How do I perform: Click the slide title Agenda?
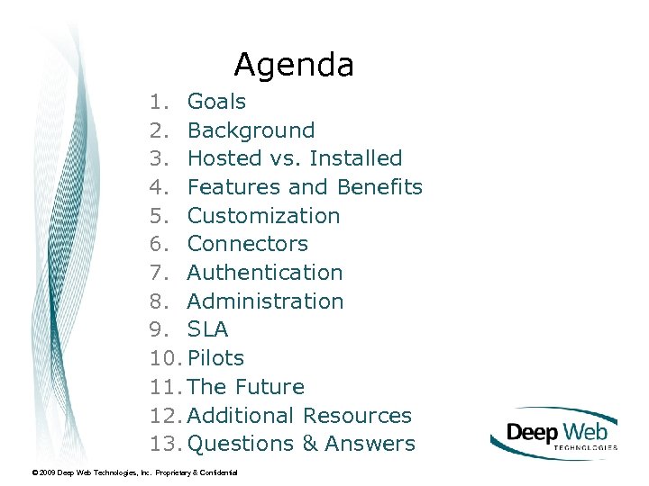coord(294,65)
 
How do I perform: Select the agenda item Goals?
coord(216,102)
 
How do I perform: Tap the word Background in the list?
coord(251,130)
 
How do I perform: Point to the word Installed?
coord(355,158)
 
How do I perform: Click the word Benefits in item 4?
coord(379,187)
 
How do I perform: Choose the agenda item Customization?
coord(263,216)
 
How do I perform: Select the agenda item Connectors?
coord(247,244)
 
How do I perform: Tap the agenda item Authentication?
coord(264,273)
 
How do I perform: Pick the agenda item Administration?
coord(265,301)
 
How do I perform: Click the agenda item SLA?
coord(207,329)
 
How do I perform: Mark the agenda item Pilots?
coord(215,358)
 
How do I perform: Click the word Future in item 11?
coord(270,387)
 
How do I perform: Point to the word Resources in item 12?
coord(357,416)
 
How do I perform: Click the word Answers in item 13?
coord(370,444)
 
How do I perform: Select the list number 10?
coord(166,358)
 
